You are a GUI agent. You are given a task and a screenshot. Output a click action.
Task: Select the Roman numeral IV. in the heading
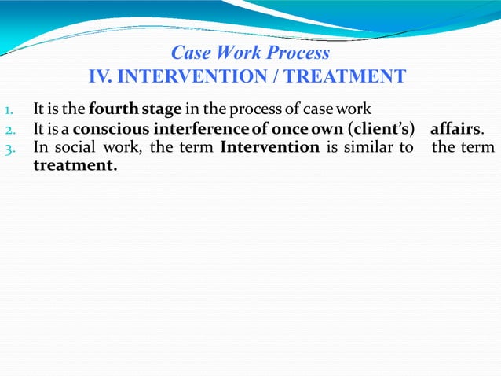click(105, 77)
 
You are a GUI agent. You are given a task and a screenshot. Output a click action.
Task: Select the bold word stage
click(161, 109)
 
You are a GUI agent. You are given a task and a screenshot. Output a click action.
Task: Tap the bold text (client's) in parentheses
click(381, 129)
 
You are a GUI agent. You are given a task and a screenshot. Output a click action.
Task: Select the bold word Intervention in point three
click(270, 148)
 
